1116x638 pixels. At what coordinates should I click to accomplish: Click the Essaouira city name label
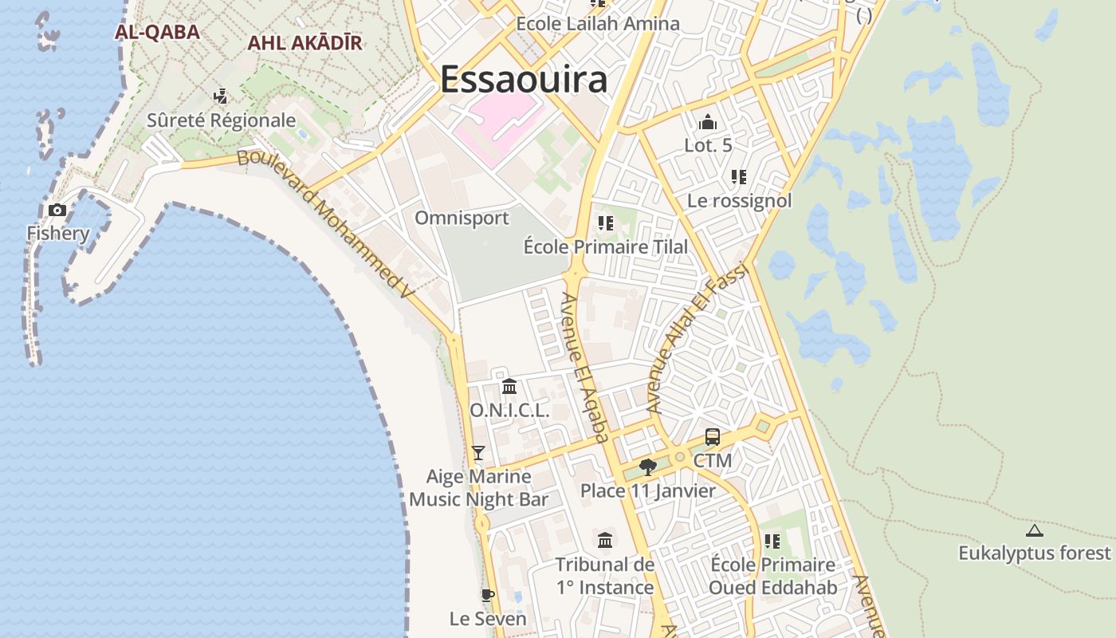point(524,79)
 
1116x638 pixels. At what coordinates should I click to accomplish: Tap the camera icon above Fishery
point(57,210)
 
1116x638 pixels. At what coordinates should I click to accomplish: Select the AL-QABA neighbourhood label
point(157,32)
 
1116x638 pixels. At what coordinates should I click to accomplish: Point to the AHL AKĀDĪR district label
point(305,43)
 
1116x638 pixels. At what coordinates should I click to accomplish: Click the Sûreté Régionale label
point(222,120)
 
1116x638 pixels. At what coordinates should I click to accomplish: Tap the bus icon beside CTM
point(712,437)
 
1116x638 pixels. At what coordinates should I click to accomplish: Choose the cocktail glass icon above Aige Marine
point(478,453)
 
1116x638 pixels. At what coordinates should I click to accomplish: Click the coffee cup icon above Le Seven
point(488,595)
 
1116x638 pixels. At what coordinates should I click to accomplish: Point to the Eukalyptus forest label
point(1034,553)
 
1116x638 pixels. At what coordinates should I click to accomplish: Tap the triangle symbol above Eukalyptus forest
point(1034,530)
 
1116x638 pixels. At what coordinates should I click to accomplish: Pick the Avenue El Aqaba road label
point(584,367)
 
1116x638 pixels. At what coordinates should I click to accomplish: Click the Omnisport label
point(462,218)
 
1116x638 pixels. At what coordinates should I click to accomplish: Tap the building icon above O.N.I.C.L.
point(509,387)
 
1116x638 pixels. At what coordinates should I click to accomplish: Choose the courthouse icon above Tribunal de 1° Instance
point(605,541)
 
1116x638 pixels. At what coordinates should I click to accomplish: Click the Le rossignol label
point(739,200)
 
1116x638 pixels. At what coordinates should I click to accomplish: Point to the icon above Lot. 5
point(707,122)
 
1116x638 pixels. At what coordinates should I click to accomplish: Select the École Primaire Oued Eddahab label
point(772,576)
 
